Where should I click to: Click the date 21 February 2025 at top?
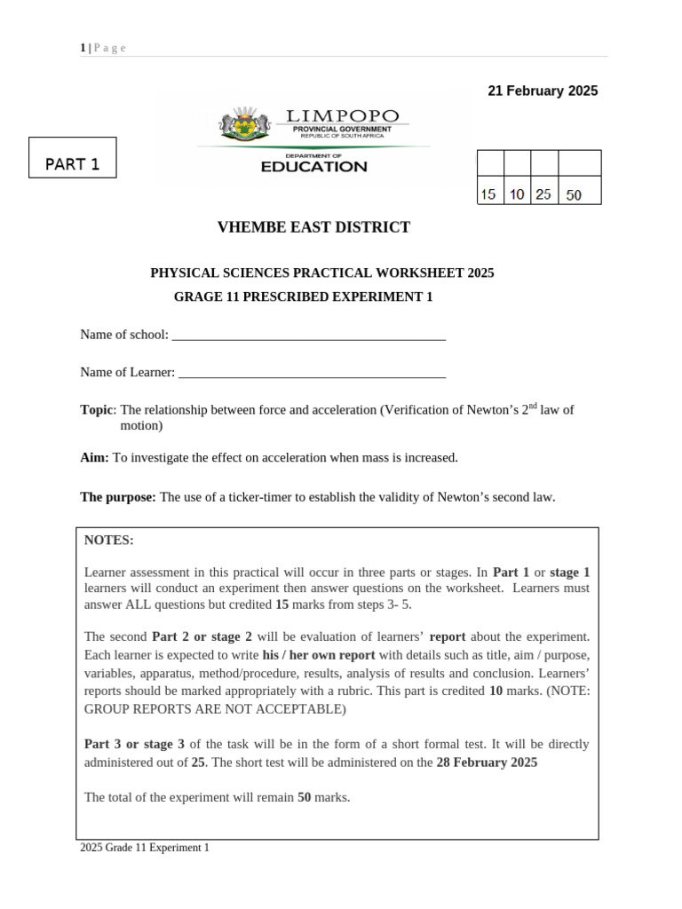[543, 91]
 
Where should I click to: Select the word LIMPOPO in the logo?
[342, 116]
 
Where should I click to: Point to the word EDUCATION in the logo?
[313, 167]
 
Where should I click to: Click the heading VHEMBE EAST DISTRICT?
[313, 227]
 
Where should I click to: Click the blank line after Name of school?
[308, 337]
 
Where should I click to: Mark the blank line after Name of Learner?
[312, 375]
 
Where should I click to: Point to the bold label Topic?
[97, 410]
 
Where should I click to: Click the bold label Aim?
[95, 458]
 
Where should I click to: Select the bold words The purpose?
[118, 497]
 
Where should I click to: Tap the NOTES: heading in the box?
[108, 541]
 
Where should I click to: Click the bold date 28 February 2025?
[487, 763]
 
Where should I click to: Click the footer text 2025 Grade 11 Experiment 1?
[145, 848]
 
